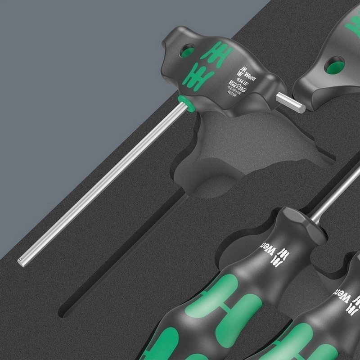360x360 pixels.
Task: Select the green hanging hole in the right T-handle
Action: tap(335, 67)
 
